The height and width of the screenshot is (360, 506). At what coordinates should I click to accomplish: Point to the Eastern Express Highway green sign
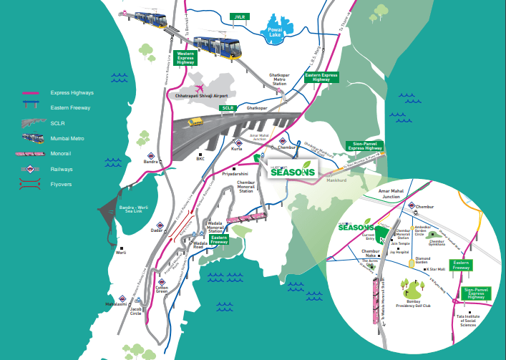click(322, 75)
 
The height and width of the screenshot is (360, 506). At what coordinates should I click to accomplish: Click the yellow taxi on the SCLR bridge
click(192, 122)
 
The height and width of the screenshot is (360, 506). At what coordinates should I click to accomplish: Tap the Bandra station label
click(150, 162)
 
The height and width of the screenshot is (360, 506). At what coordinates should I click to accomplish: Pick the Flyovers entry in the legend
click(62, 186)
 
